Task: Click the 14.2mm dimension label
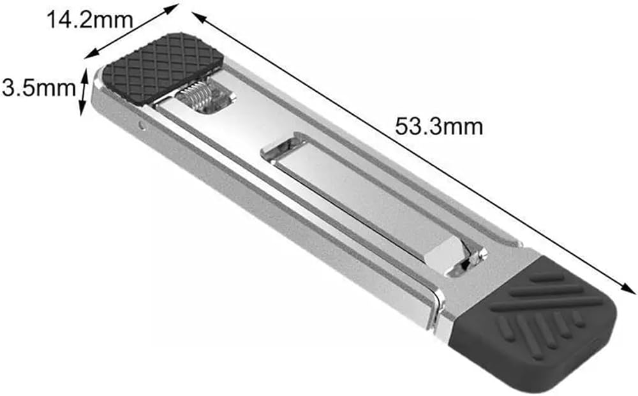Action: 90,20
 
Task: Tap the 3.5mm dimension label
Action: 39,87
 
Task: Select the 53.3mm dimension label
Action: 439,126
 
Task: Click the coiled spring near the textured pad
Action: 196,97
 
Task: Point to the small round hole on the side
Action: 142,124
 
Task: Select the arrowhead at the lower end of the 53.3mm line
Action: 629,288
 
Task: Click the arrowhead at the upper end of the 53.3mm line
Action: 198,17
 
